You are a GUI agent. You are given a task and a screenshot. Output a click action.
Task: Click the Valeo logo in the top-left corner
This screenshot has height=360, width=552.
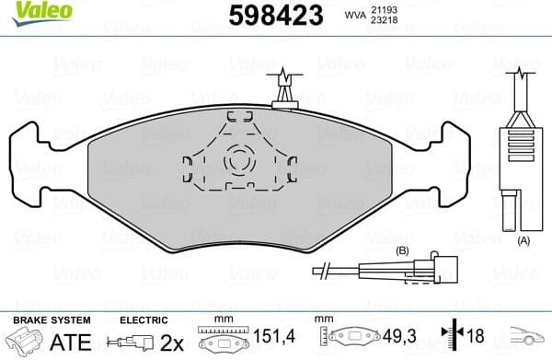coord(29,8)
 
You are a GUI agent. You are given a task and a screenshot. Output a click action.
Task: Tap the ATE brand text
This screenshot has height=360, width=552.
coord(75,343)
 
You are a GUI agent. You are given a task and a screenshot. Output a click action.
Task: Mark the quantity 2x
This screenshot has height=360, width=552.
coord(169,343)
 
